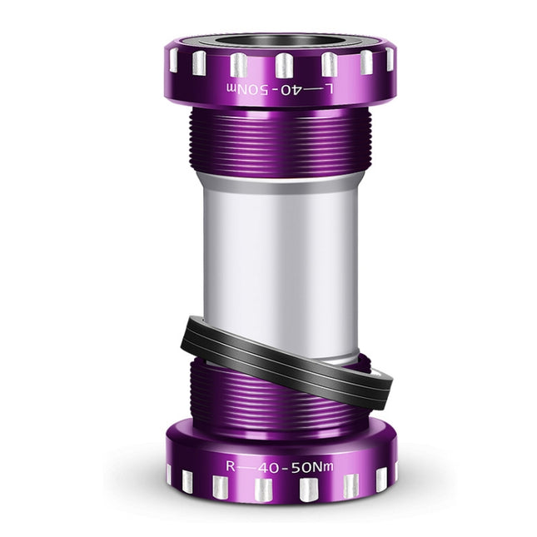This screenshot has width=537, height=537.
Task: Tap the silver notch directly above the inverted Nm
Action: click(238, 65)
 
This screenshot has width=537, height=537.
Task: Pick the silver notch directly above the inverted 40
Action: click(284, 65)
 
